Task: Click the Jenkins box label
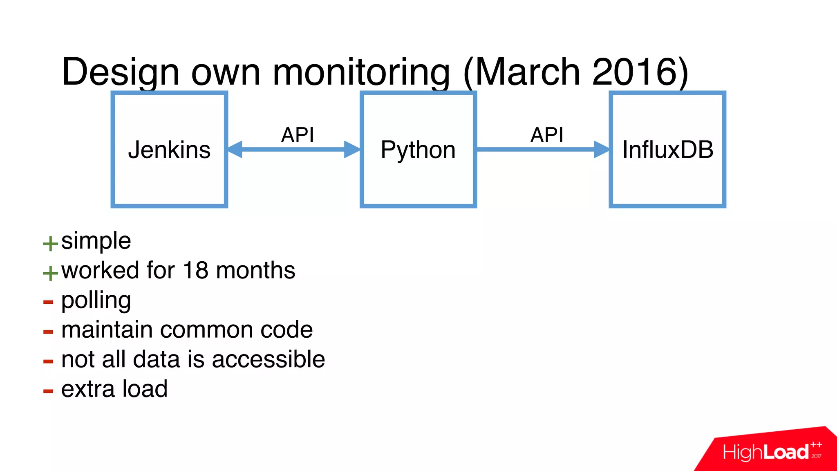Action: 169,150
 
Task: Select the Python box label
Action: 418,150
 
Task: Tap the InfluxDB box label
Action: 667,150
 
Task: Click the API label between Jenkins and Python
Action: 298,135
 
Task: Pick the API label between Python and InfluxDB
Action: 547,135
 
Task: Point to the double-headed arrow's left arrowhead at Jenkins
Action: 235,149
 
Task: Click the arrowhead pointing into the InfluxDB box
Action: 601,149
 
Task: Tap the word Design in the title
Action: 121,72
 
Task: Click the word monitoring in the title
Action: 361,72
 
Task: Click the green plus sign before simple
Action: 50,244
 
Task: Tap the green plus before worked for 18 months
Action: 50,273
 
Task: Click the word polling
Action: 96,301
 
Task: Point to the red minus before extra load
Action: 48,391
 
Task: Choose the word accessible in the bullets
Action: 268,359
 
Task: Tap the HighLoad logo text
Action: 765,452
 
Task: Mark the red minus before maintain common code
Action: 48,332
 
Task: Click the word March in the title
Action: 528,72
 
